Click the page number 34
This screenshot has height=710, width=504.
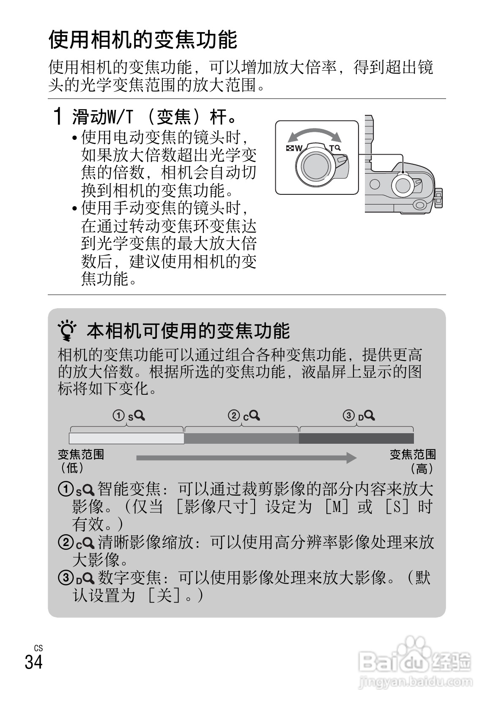(34, 662)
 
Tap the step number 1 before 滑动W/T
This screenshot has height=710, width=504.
(58, 116)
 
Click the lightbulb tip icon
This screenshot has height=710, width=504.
(68, 331)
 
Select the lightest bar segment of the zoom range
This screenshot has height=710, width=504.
(126, 438)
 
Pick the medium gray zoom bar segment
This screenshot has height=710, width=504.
(241, 438)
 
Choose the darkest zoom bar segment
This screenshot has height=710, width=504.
(356, 438)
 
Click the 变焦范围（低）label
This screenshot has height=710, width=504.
(80, 461)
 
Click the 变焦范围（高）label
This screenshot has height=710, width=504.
(412, 461)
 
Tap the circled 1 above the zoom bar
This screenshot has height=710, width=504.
(119, 416)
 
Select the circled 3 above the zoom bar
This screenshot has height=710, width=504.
(349, 416)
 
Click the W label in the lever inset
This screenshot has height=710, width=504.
(299, 148)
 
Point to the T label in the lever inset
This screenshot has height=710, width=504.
(332, 148)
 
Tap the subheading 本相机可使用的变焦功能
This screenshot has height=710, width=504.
(188, 331)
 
